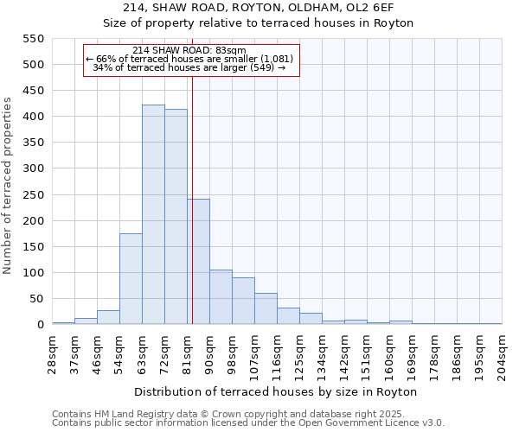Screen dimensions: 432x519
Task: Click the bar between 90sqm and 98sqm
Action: (x=221, y=297)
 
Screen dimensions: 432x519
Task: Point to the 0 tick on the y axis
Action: (x=40, y=325)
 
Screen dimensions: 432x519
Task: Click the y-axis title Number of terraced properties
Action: (x=8, y=186)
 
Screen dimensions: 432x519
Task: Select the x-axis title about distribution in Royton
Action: (x=276, y=391)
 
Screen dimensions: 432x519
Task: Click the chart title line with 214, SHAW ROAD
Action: (x=259, y=6)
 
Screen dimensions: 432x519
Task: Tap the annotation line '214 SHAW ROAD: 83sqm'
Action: (x=190, y=50)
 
